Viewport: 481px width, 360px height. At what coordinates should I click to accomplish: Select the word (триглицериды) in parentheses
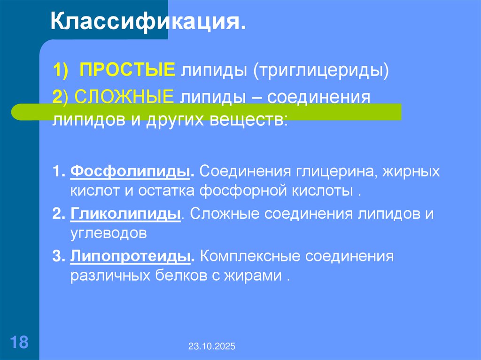tap(322, 72)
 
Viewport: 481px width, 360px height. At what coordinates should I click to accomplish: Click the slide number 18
tap(19, 341)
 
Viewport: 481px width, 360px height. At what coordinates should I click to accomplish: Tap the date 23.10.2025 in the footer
tap(212, 347)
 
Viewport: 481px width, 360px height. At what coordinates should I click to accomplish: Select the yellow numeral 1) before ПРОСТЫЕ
tap(61, 72)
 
